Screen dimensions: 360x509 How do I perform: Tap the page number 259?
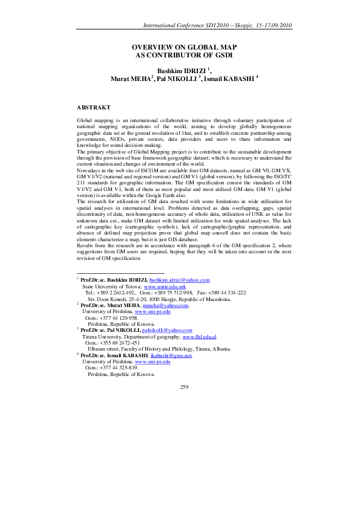185,386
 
